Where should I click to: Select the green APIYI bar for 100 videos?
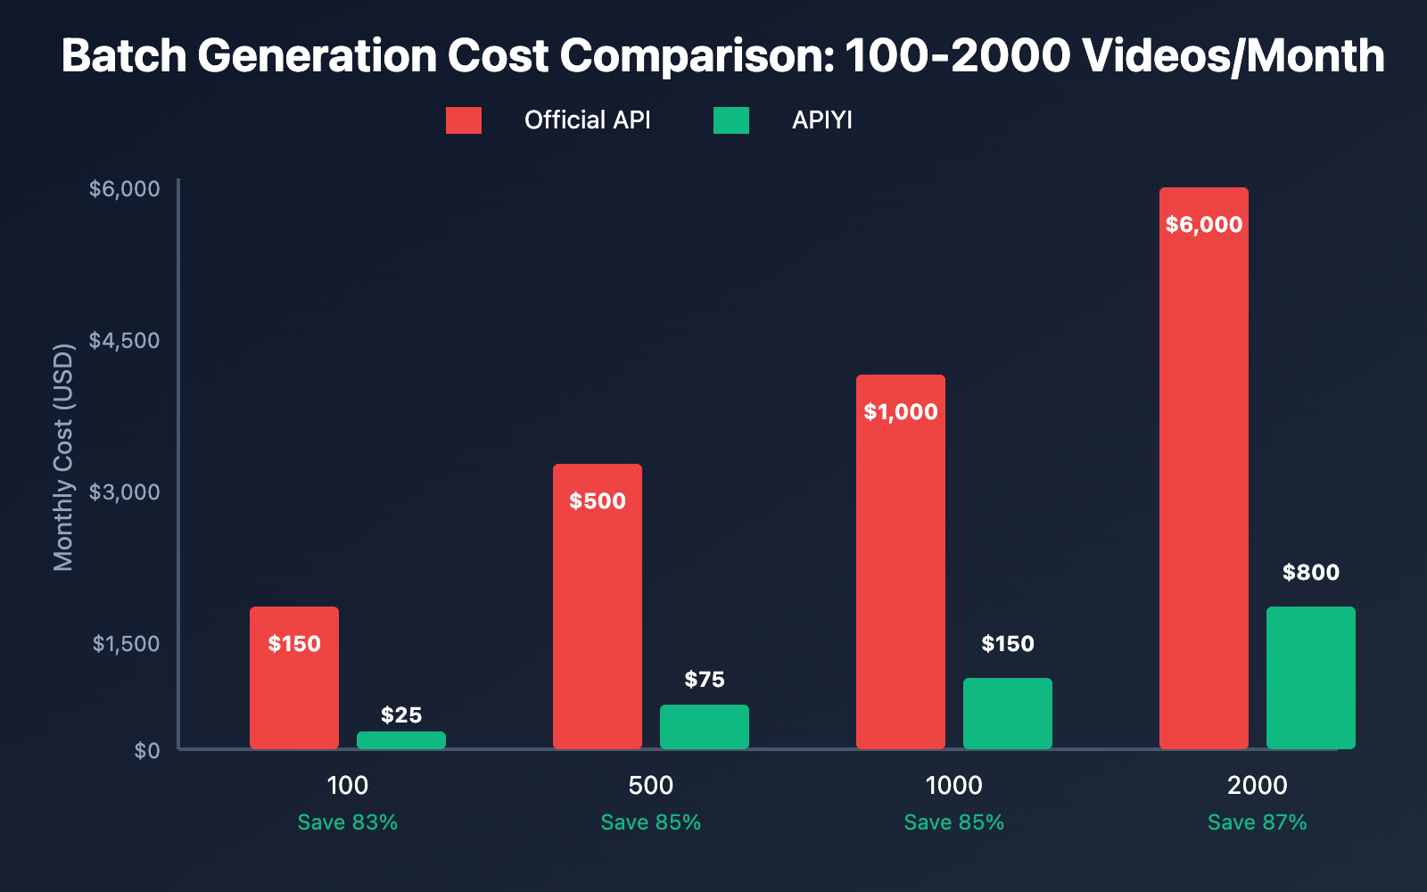(x=401, y=740)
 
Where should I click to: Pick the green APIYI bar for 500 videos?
(x=705, y=727)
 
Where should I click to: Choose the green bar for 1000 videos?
(x=1008, y=714)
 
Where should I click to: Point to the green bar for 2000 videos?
(x=1311, y=678)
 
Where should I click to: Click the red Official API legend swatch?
(x=464, y=120)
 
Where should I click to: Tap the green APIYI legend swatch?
(x=731, y=120)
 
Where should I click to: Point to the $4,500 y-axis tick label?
(x=124, y=341)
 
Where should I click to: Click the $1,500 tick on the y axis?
(x=126, y=644)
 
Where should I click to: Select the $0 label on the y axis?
(x=147, y=751)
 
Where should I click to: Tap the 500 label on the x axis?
(x=651, y=786)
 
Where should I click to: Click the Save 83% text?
(x=348, y=822)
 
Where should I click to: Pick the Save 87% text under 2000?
(x=1258, y=822)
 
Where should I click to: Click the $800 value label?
(x=1311, y=573)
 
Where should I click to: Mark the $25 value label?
(x=401, y=715)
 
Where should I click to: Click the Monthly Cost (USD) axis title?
(x=63, y=457)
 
